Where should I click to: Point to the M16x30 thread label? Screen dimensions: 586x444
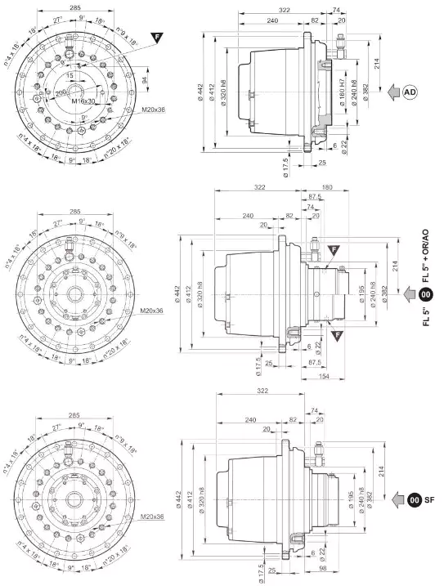click(x=84, y=100)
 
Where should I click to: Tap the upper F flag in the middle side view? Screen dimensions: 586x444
click(x=333, y=250)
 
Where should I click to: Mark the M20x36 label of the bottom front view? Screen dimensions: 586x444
click(x=152, y=517)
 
